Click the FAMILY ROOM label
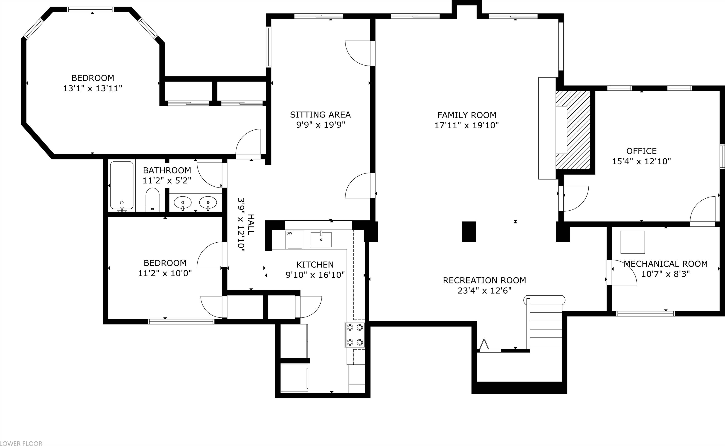(x=466, y=115)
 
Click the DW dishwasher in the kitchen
(x=294, y=239)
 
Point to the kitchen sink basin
(x=321, y=239)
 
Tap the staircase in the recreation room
(x=546, y=324)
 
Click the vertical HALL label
(x=251, y=225)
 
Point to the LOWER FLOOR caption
(x=21, y=443)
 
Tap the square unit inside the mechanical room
(x=633, y=242)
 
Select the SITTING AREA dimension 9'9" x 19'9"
(x=320, y=125)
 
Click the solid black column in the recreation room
(x=469, y=232)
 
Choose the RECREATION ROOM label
(x=484, y=280)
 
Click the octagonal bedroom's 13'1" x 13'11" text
(x=92, y=88)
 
